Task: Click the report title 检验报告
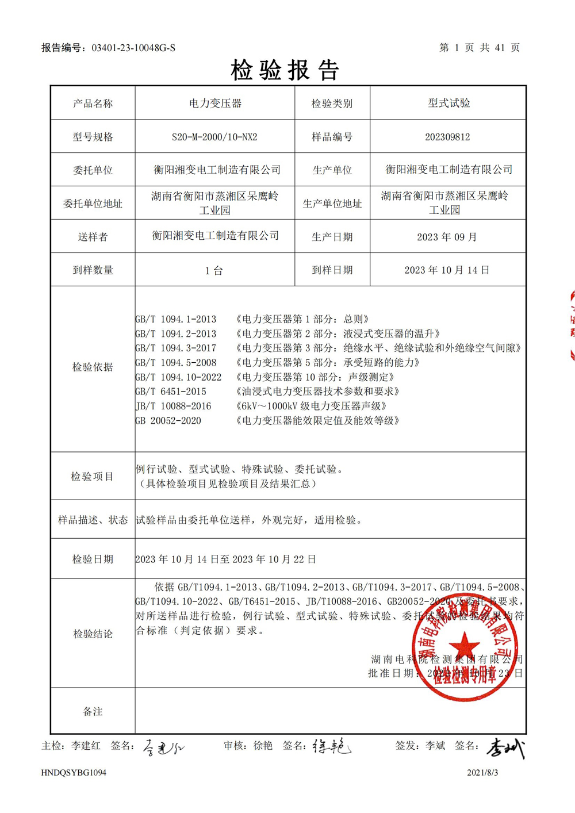pyautogui.click(x=286, y=70)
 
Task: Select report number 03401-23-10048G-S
pyautogui.click(x=133, y=48)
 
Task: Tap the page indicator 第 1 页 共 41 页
pyautogui.click(x=480, y=48)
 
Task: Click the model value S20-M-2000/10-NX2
pyautogui.click(x=214, y=137)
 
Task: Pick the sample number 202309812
pyautogui.click(x=447, y=137)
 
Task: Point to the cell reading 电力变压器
pyautogui.click(x=215, y=103)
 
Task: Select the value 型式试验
pyautogui.click(x=448, y=103)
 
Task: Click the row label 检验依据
pyautogui.click(x=93, y=367)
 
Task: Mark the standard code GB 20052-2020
pyautogui.click(x=168, y=421)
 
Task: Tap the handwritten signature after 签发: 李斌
pyautogui.click(x=505, y=747)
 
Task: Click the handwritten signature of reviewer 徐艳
pyautogui.click(x=331, y=746)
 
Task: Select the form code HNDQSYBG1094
pyautogui.click(x=74, y=773)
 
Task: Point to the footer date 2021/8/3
pyautogui.click(x=482, y=773)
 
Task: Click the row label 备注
pyautogui.click(x=93, y=712)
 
